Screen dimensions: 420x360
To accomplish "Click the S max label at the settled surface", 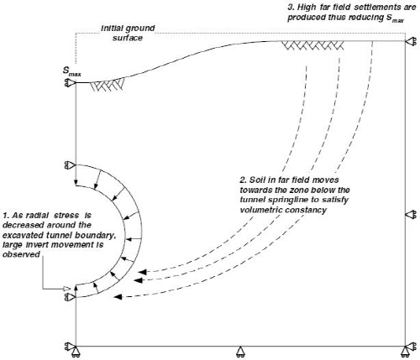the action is pos(71,71).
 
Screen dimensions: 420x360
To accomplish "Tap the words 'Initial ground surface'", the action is pos(128,33).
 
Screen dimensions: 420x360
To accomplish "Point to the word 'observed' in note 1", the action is pos(21,254).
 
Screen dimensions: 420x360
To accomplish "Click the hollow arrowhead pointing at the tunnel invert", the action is pos(66,289).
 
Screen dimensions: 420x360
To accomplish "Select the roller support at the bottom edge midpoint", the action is pos(240,352).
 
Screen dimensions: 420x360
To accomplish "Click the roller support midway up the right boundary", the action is pos(411,215).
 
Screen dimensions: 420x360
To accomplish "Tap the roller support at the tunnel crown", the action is pos(70,165).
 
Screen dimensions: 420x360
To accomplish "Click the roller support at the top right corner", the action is pos(411,42).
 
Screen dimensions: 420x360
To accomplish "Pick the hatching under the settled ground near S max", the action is pos(108,85).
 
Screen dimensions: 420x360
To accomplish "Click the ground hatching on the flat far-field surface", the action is pos(312,46).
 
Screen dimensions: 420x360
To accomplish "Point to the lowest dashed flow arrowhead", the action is pos(118,297).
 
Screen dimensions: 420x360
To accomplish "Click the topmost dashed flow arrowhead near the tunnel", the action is pos(143,272).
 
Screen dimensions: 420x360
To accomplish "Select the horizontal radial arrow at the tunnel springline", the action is pos(134,239).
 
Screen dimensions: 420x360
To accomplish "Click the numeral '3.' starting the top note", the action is pos(291,8).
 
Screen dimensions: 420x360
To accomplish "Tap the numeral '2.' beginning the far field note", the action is pos(243,180).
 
